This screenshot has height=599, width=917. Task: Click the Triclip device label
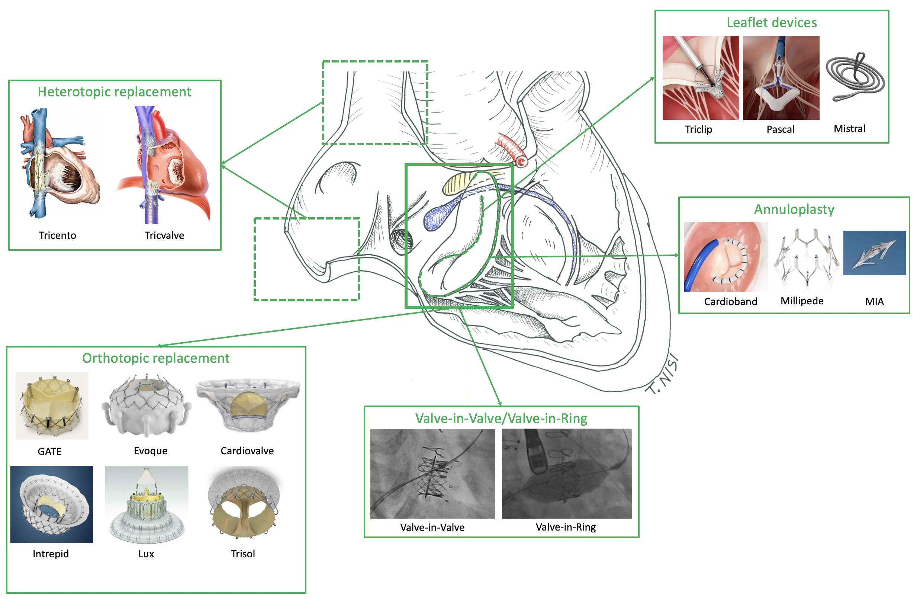[x=698, y=129]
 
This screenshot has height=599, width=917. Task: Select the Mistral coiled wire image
[x=855, y=77]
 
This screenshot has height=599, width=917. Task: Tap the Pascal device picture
[x=781, y=77]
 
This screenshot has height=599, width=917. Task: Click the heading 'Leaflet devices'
[x=771, y=23]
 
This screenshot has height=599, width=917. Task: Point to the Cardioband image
[x=725, y=256]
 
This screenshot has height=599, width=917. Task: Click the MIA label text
[x=874, y=301]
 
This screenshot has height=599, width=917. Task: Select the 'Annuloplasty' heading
[x=794, y=209]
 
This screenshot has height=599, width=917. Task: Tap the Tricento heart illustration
[x=60, y=164]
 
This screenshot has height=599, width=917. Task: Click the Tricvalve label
[x=164, y=235]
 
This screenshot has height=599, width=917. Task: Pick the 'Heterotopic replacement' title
[x=115, y=92]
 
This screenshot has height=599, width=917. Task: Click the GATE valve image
[x=52, y=406]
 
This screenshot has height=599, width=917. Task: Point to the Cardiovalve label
[x=247, y=451]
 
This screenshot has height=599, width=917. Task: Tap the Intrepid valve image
[x=52, y=504]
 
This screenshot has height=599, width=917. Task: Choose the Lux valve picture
[x=147, y=504]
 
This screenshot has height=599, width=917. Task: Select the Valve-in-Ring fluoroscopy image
[x=566, y=473]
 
